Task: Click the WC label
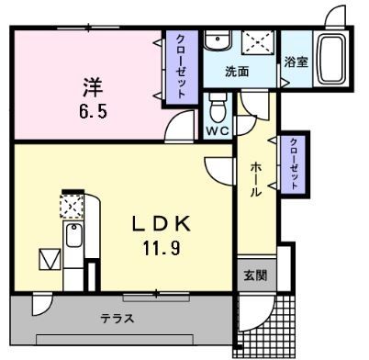coord(217,130)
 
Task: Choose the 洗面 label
coord(238,71)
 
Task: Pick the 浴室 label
coord(296,62)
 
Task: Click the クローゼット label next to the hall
coord(293,163)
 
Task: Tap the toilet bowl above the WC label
coord(218,108)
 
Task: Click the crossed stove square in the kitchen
coord(72,204)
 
